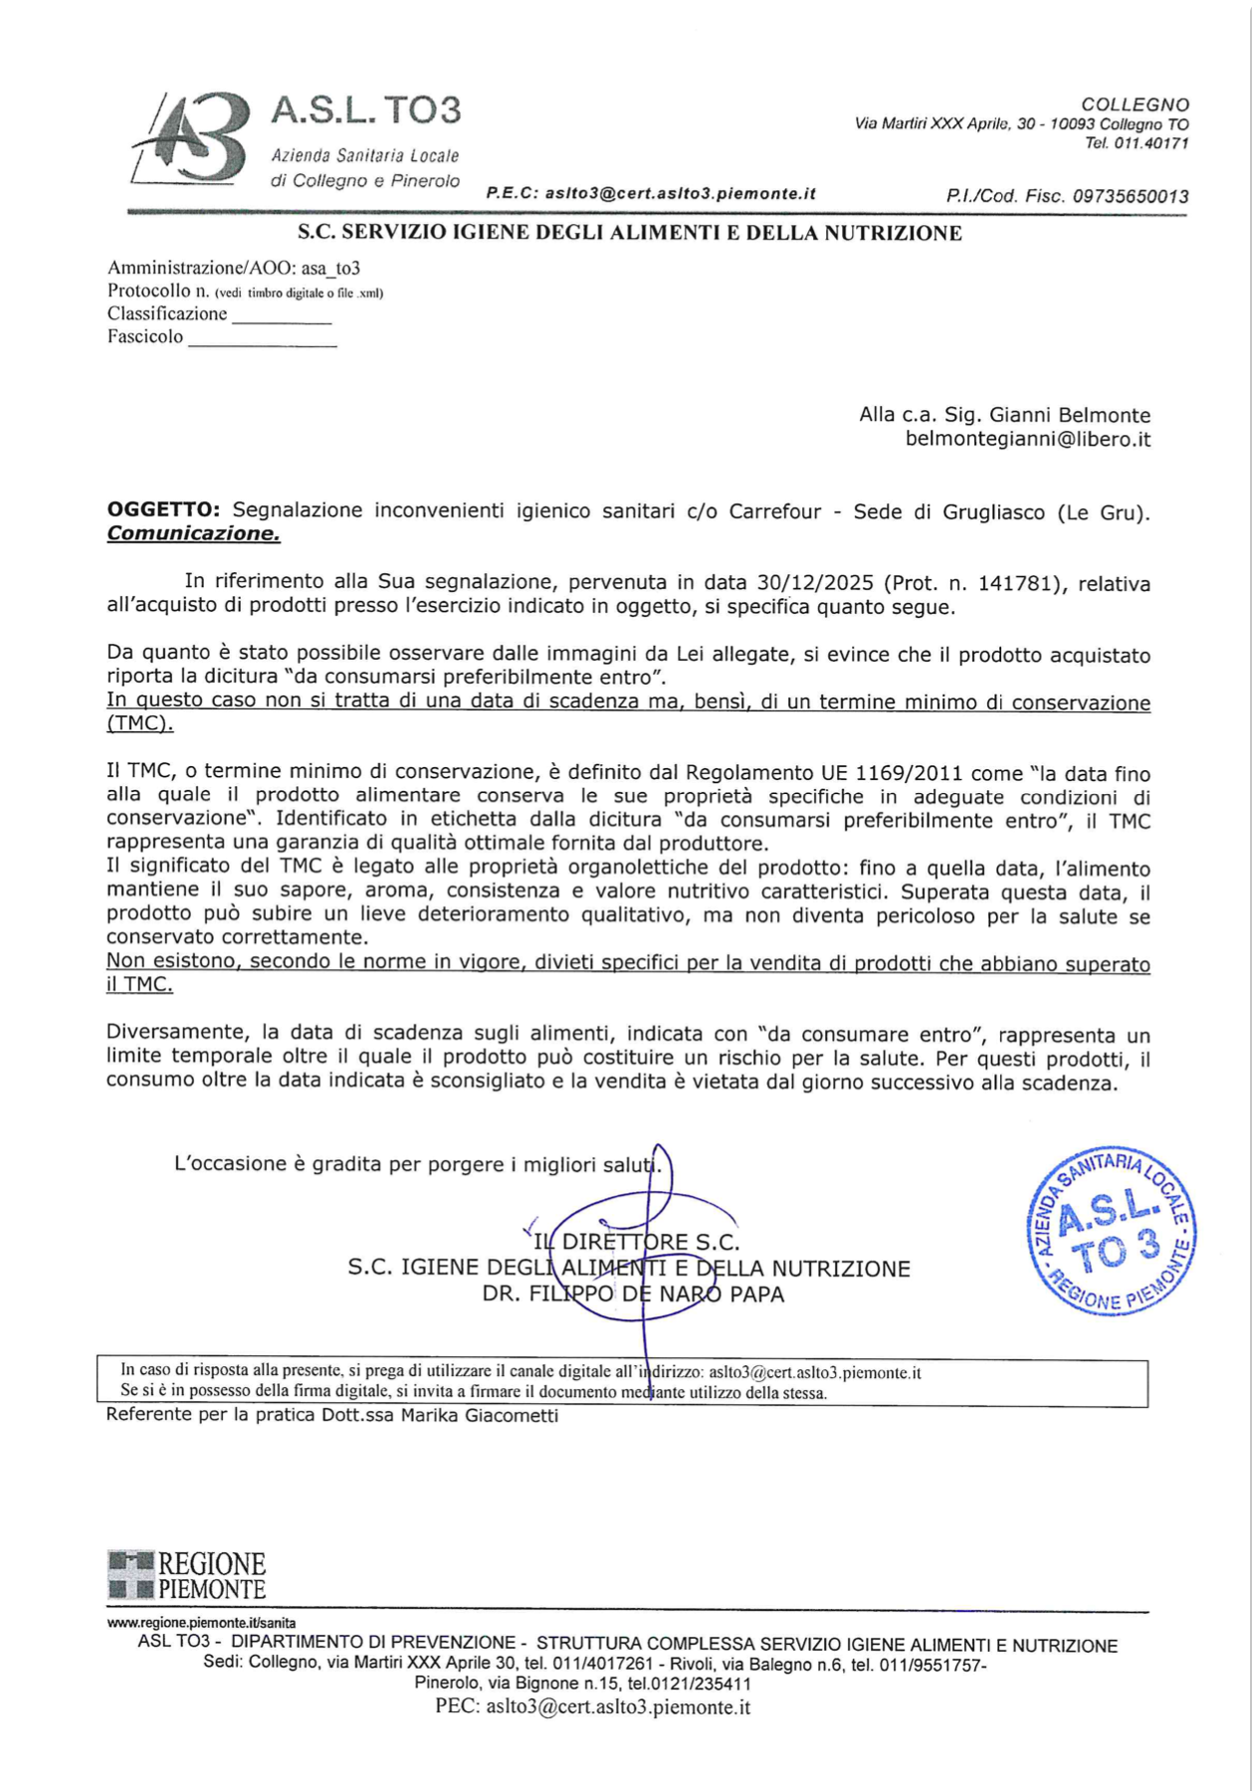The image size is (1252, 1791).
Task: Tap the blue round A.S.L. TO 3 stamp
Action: pyautogui.click(x=1111, y=1230)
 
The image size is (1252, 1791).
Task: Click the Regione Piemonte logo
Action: pyautogui.click(x=187, y=1575)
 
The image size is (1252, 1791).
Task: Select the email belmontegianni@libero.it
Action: pyautogui.click(x=1027, y=439)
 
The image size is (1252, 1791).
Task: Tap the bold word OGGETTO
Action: pyautogui.click(x=162, y=509)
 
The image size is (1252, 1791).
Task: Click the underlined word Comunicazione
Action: pyautogui.click(x=193, y=533)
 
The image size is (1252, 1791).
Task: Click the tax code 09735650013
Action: pyautogui.click(x=1130, y=196)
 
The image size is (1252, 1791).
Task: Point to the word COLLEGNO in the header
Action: pyautogui.click(x=1135, y=104)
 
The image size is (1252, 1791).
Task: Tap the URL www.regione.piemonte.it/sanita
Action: pyautogui.click(x=201, y=1623)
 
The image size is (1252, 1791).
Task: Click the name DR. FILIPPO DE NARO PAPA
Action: pyautogui.click(x=633, y=1294)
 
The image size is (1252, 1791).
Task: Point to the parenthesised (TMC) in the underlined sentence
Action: pyautogui.click(x=139, y=723)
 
